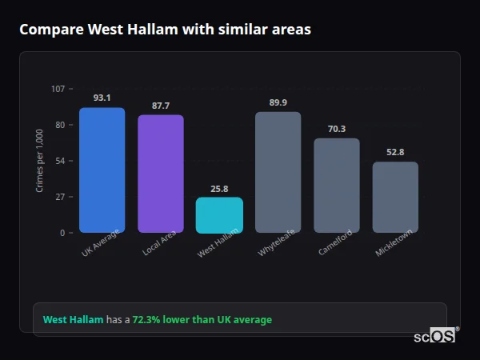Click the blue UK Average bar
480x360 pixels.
coord(102,170)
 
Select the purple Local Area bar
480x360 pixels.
coord(160,174)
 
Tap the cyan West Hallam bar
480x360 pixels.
coord(219,215)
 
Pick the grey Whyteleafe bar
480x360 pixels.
coord(278,173)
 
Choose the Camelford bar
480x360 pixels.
coord(336,186)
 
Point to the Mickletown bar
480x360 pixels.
coord(395,198)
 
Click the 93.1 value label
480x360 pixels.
coord(102,98)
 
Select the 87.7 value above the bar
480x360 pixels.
coord(160,106)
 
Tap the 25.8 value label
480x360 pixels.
coord(219,189)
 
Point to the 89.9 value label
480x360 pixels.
coord(278,102)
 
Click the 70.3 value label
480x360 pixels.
coord(336,129)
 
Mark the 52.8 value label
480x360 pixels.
coord(395,152)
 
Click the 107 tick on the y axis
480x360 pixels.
coord(58,88)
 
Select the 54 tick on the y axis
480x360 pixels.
coord(60,161)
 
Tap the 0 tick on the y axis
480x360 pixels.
coord(62,233)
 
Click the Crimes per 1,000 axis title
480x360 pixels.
coord(39,161)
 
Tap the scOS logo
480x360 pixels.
coord(435,336)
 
